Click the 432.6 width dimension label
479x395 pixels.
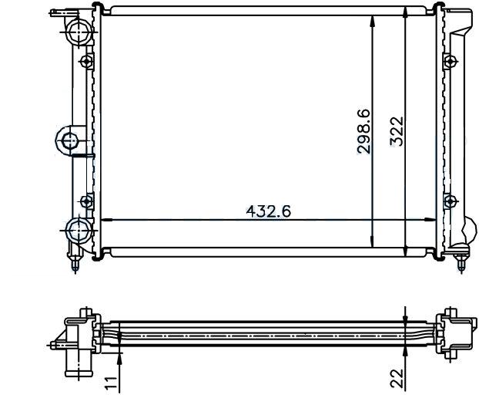tap(269, 211)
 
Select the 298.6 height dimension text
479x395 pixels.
tap(364, 131)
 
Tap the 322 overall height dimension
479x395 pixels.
tap(397, 131)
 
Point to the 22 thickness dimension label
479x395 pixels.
tap(397, 378)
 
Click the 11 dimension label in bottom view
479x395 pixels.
tap(111, 383)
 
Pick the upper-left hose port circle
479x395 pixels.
tap(80, 32)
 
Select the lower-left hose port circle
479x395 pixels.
tap(79, 230)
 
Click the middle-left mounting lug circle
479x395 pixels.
tap(70, 141)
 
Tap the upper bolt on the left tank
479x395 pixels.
tap(87, 62)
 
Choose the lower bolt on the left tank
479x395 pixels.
tap(87, 201)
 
